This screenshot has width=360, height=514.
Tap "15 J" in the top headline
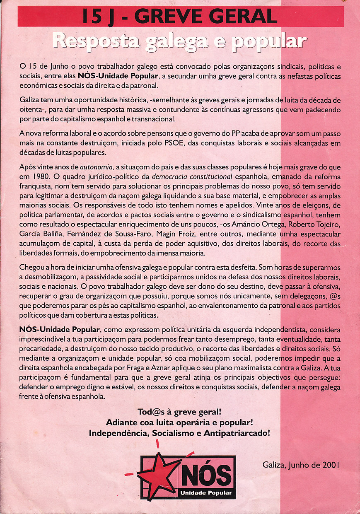[x=98, y=17]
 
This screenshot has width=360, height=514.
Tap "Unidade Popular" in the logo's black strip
[x=206, y=493]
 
